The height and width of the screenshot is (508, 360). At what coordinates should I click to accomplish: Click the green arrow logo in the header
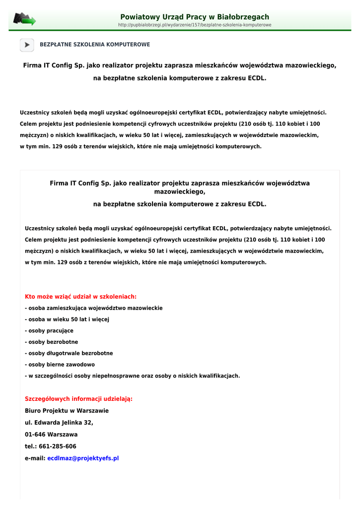24,19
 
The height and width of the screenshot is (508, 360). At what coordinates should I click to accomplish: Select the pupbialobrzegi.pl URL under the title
195,25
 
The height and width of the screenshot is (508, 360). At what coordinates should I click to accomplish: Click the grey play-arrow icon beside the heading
27,45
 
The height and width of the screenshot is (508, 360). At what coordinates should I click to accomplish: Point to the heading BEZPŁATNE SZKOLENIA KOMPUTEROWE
95,45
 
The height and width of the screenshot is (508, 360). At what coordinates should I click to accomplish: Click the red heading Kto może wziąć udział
80,297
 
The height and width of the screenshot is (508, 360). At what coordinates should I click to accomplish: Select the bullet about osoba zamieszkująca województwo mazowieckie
94,308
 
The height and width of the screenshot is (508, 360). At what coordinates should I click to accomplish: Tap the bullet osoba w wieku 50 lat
67,319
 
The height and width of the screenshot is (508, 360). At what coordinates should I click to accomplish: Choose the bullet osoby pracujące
49,331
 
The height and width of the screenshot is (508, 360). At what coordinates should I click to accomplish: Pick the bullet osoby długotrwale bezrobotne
69,353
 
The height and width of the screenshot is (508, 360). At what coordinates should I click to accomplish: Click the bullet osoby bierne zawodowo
60,365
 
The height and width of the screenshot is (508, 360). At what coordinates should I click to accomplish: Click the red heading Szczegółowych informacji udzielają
78,399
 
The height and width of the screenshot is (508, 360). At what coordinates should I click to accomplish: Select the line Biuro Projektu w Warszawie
67,411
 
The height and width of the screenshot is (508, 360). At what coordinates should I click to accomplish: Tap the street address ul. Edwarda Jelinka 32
59,423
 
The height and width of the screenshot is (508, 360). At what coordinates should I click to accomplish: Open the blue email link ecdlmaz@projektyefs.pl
83,458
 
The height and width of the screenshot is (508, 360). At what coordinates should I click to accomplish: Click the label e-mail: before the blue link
35,458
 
